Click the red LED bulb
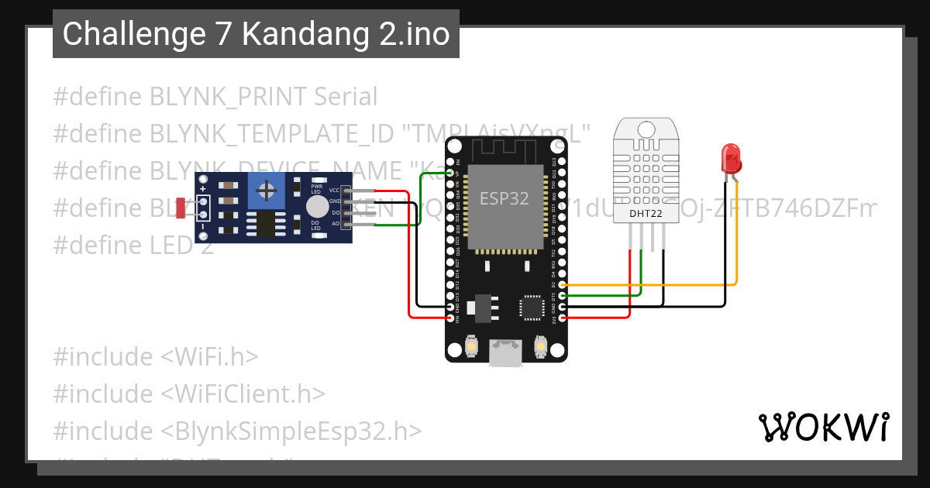click(731, 159)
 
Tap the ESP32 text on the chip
click(504, 198)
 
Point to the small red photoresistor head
click(181, 207)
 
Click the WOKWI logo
click(822, 427)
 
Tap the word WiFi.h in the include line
click(209, 357)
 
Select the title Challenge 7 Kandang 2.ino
click(256, 34)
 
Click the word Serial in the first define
click(346, 97)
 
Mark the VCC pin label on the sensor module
click(334, 190)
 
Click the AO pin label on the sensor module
click(335, 223)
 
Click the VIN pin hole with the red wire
click(450, 318)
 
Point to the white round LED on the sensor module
click(316, 206)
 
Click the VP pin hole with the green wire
click(450, 174)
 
